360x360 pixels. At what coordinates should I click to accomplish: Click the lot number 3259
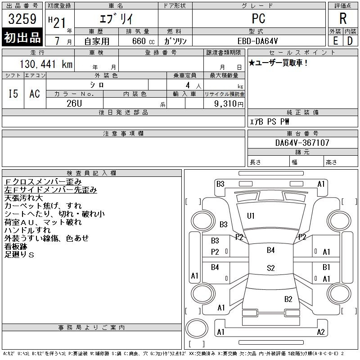(x=22, y=19)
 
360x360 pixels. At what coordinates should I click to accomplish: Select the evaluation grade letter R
(x=343, y=18)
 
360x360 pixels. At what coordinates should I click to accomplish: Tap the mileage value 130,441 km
(x=46, y=64)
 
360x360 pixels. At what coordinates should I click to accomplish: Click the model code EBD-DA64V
(x=257, y=41)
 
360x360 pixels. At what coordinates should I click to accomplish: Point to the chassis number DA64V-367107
(x=302, y=143)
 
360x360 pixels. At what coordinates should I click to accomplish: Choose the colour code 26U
(x=74, y=103)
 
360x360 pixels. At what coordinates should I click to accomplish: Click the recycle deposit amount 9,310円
(x=229, y=104)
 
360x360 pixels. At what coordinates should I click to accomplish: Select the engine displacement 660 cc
(x=143, y=41)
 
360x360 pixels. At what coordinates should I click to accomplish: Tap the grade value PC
(x=258, y=18)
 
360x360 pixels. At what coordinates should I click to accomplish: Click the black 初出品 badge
(x=22, y=37)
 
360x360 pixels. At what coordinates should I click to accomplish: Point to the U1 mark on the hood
(x=251, y=216)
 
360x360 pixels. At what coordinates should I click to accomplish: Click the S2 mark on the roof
(x=271, y=268)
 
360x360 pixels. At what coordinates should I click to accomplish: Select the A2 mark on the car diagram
(x=321, y=332)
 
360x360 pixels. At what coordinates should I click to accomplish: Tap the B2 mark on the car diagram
(x=288, y=299)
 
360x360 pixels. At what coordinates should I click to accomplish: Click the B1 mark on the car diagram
(x=326, y=267)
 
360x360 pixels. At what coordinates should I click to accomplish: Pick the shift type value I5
(x=13, y=94)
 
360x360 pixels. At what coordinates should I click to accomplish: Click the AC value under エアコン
(x=35, y=94)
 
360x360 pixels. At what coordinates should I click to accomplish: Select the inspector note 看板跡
(x=16, y=247)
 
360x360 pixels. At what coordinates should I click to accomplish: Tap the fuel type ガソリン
(x=175, y=41)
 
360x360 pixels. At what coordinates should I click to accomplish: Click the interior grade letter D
(x=350, y=41)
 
